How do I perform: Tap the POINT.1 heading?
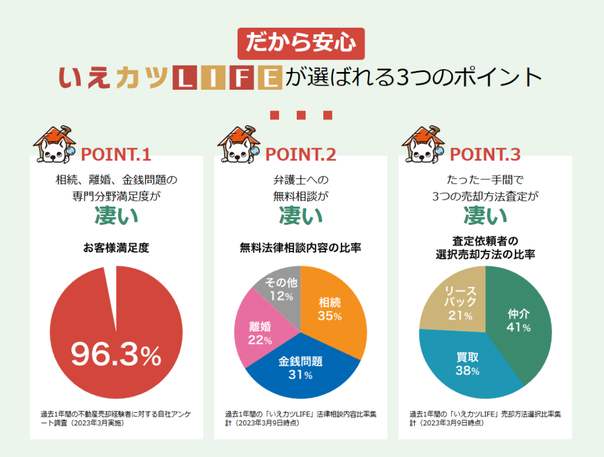116,155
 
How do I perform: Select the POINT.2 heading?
301,155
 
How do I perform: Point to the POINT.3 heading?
485,155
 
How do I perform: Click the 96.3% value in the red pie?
116,355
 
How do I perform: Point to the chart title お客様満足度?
116,248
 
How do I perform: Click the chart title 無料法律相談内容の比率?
301,248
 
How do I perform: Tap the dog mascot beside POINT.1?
54,145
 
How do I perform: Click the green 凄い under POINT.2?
301,216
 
